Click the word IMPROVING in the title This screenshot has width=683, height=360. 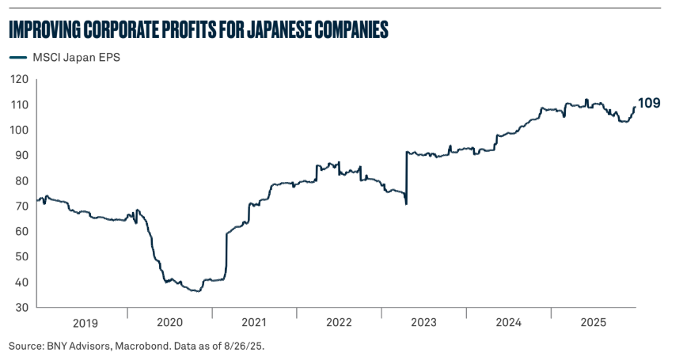click(47, 30)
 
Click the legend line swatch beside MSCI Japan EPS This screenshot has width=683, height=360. click(17, 57)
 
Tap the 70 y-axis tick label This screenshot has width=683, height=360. click(21, 206)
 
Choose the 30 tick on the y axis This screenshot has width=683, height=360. click(21, 307)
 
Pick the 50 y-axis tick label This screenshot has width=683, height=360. click(21, 256)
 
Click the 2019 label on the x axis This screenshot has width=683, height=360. click(85, 323)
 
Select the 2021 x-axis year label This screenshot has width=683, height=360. click(254, 323)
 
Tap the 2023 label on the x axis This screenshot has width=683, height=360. click(424, 323)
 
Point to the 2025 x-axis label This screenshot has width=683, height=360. click(594, 323)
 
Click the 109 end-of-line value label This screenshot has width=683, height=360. click(650, 104)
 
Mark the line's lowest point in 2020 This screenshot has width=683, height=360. click(196, 291)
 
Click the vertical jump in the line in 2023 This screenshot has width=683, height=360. click(406, 178)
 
